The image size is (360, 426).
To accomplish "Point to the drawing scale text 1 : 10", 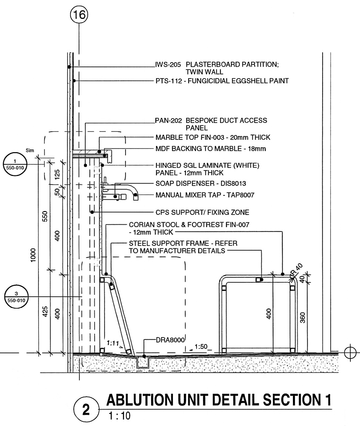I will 119,416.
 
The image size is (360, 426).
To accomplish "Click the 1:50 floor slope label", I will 201,347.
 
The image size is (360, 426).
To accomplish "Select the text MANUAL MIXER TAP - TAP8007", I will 205,195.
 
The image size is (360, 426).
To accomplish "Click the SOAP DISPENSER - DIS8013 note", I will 201,184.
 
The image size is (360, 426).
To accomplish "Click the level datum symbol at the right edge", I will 350,353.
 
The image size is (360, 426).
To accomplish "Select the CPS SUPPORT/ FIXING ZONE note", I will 202,212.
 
